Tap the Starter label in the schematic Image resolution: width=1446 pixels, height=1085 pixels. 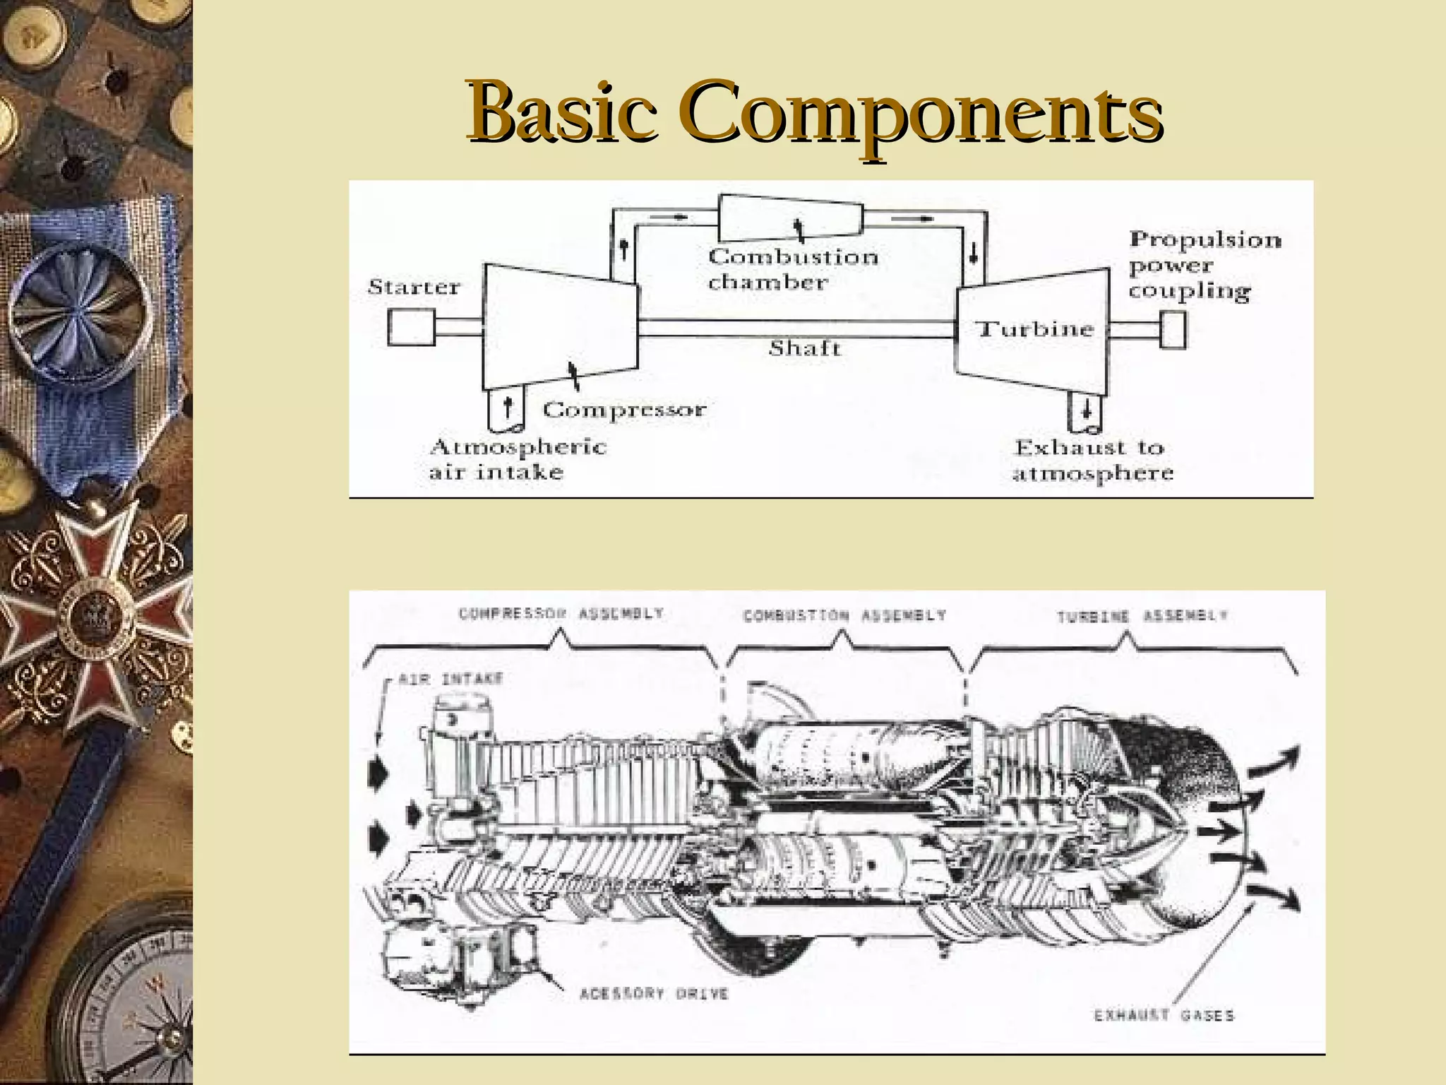pyautogui.click(x=414, y=287)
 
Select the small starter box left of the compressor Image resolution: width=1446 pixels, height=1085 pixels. pyautogui.click(x=411, y=328)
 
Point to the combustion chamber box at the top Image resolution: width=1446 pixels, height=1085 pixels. pyautogui.click(x=791, y=218)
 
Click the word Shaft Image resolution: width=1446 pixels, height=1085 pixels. pyautogui.click(x=804, y=348)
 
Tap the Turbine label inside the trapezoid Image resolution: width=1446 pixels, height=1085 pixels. pyautogui.click(x=1034, y=329)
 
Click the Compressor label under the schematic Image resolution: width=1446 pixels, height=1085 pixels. pyautogui.click(x=624, y=410)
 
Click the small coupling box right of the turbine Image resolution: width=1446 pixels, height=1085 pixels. pyautogui.click(x=1173, y=330)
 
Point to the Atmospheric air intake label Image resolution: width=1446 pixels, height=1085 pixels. pyautogui.click(x=517, y=459)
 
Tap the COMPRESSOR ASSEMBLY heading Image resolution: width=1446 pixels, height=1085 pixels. pyautogui.click(x=561, y=613)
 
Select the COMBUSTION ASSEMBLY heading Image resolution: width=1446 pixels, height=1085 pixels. pyautogui.click(x=844, y=616)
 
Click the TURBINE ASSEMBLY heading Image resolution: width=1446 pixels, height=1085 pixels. pyautogui.click(x=1142, y=616)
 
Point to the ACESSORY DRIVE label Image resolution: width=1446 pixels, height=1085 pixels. pyautogui.click(x=653, y=994)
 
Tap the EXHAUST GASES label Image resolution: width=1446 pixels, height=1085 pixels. pyautogui.click(x=1164, y=1015)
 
